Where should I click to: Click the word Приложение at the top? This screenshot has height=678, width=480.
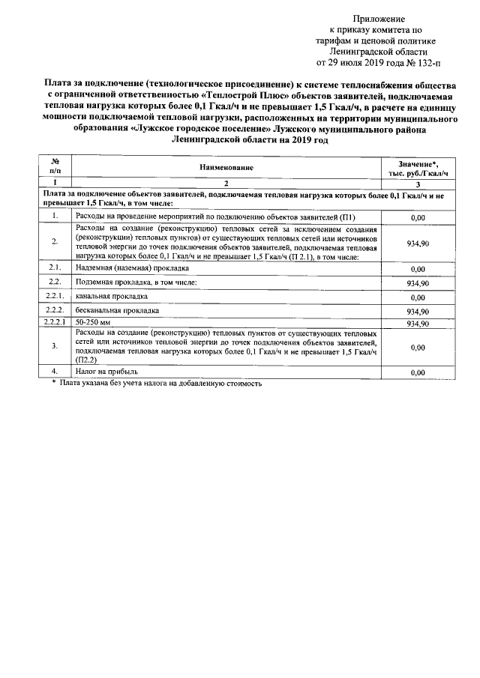pyautogui.click(x=379, y=17)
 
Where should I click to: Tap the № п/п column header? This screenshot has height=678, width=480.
pyautogui.click(x=55, y=168)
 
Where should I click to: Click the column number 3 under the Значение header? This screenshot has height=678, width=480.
pyautogui.click(x=417, y=184)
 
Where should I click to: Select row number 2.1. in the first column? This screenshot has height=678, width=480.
pyautogui.click(x=55, y=267)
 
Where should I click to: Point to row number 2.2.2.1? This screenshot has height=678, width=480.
pyautogui.click(x=55, y=323)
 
